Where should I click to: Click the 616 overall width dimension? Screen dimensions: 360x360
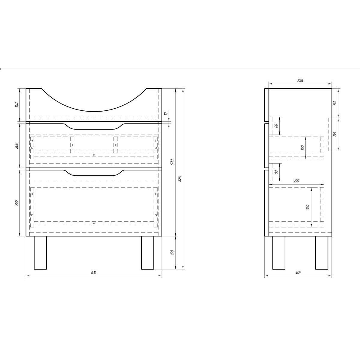(x=94, y=273)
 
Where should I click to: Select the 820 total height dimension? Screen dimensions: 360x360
(x=180, y=179)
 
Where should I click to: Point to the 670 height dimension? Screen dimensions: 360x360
(x=172, y=162)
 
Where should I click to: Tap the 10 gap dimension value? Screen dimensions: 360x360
(x=165, y=114)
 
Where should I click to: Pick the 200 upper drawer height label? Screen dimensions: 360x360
(x=16, y=146)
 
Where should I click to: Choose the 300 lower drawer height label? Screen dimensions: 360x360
(x=16, y=203)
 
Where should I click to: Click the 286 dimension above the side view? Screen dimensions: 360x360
(x=300, y=80)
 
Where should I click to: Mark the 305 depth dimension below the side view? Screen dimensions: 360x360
(x=298, y=273)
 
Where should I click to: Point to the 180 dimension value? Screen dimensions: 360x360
(x=308, y=207)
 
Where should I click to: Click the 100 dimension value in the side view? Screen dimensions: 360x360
(x=303, y=148)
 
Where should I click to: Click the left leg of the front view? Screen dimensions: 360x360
(x=40, y=252)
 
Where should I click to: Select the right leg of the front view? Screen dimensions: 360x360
(x=147, y=252)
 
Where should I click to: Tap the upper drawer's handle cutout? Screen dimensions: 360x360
(x=94, y=126)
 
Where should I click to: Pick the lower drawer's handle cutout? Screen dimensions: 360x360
(x=94, y=172)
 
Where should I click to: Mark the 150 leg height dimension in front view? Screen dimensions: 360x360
(x=172, y=252)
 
